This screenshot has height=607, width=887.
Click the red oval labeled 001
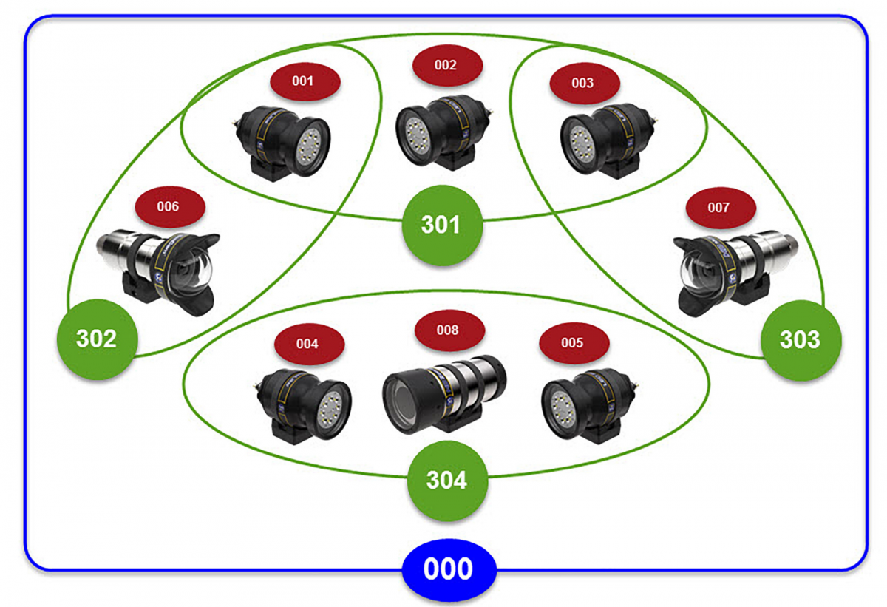click(x=303, y=81)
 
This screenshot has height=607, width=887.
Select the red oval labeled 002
click(x=446, y=65)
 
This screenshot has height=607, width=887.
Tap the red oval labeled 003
click(x=582, y=83)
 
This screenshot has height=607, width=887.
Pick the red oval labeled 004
click(x=308, y=344)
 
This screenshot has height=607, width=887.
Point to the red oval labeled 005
click(x=573, y=343)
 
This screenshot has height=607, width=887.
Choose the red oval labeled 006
click(x=169, y=206)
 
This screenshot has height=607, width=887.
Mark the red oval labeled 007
click(x=719, y=208)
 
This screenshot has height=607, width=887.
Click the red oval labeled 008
click(x=449, y=330)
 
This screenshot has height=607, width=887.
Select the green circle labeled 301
click(x=441, y=224)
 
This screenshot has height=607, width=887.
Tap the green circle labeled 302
click(x=97, y=339)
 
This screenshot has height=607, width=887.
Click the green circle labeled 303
click(x=801, y=339)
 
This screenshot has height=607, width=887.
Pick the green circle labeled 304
click(x=447, y=480)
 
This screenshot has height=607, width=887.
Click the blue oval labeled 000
click(x=449, y=570)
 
